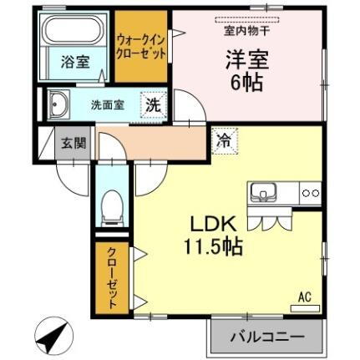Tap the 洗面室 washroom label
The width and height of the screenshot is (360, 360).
(x=108, y=105)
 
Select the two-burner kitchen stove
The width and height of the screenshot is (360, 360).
(x=310, y=192)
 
